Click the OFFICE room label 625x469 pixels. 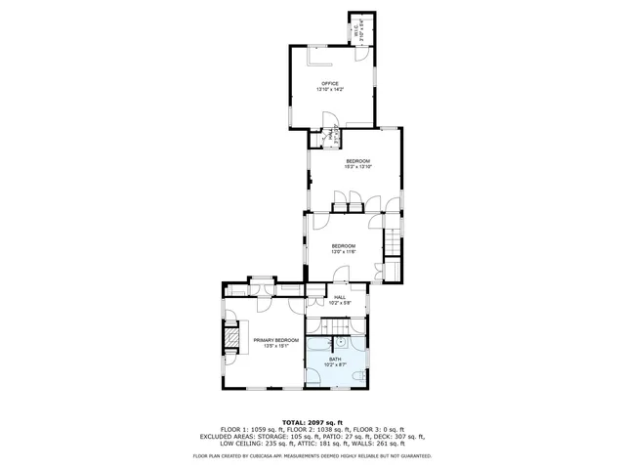coord(330,84)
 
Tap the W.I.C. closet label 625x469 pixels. coord(357,30)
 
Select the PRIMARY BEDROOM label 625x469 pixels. coord(276,339)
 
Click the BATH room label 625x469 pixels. coord(335,359)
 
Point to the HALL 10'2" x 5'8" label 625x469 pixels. coord(339,298)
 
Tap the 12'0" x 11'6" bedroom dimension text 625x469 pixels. coord(342,251)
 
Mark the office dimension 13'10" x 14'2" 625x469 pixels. coord(330,90)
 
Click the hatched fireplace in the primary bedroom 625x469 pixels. coord(232,338)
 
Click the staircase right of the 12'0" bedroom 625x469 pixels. coord(392,239)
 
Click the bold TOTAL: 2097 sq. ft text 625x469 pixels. coord(312,421)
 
